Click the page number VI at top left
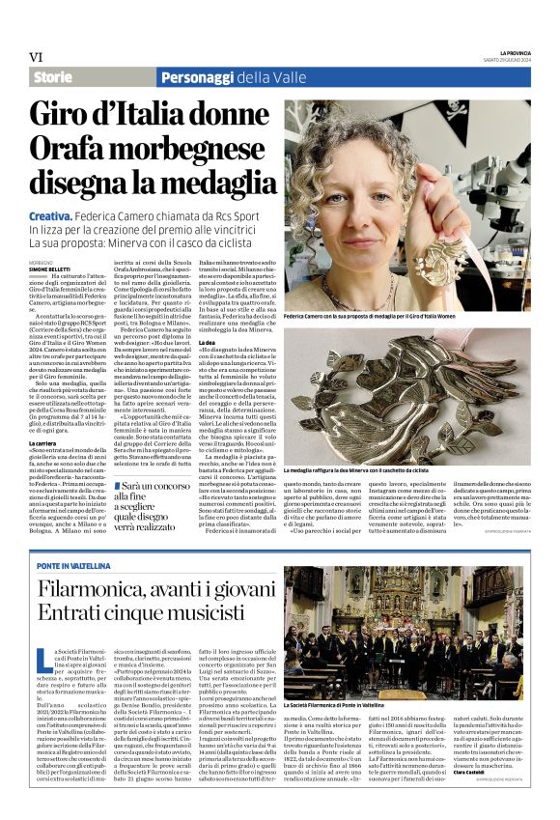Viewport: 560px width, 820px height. point(37,56)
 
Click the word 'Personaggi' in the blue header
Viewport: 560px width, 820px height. point(199,77)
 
